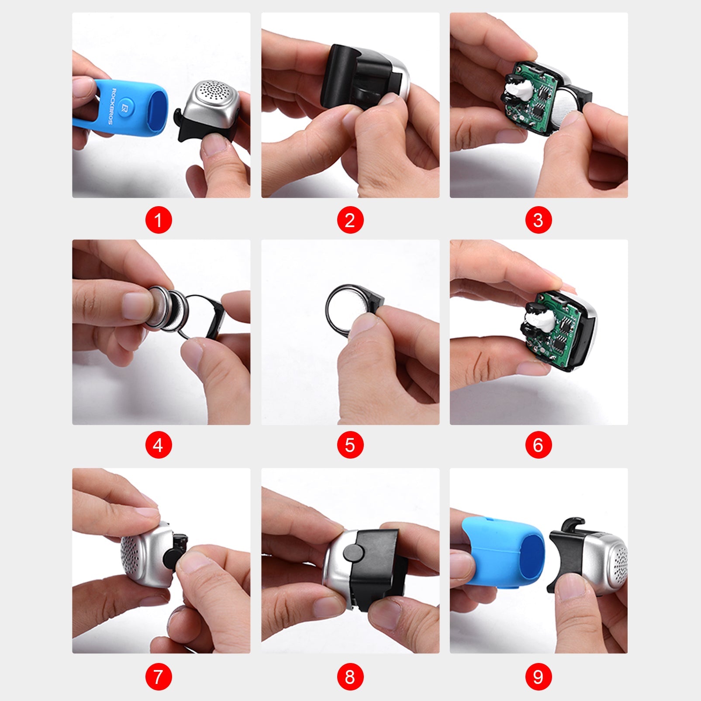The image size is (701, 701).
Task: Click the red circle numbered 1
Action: tap(159, 220)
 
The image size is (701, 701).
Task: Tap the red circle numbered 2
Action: tap(350, 220)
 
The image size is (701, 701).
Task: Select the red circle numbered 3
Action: tap(538, 220)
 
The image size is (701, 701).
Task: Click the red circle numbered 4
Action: tap(159, 445)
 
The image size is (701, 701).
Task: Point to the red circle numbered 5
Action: tap(350, 445)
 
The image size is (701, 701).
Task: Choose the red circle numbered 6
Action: tap(538, 445)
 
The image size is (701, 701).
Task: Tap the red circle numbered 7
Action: tap(159, 677)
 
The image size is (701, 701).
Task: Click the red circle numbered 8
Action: tap(350, 677)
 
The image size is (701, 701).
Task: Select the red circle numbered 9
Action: tap(538, 677)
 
